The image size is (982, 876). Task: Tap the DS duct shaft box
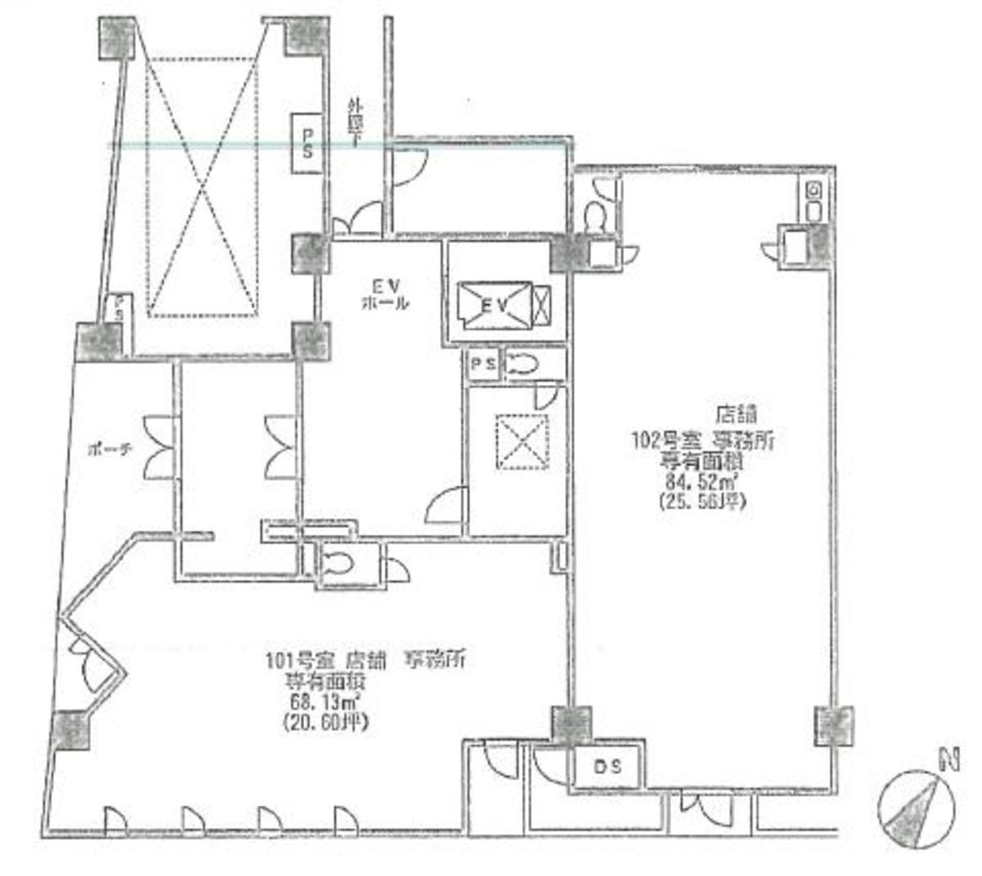click(x=607, y=767)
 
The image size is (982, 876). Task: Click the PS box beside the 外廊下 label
click(x=308, y=143)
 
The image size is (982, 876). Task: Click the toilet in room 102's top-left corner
click(x=595, y=215)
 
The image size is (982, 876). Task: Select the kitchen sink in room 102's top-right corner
click(x=814, y=200)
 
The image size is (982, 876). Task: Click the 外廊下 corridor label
click(x=355, y=121)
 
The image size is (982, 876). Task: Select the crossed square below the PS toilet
click(x=521, y=441)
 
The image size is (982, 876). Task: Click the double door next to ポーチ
click(x=158, y=447)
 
